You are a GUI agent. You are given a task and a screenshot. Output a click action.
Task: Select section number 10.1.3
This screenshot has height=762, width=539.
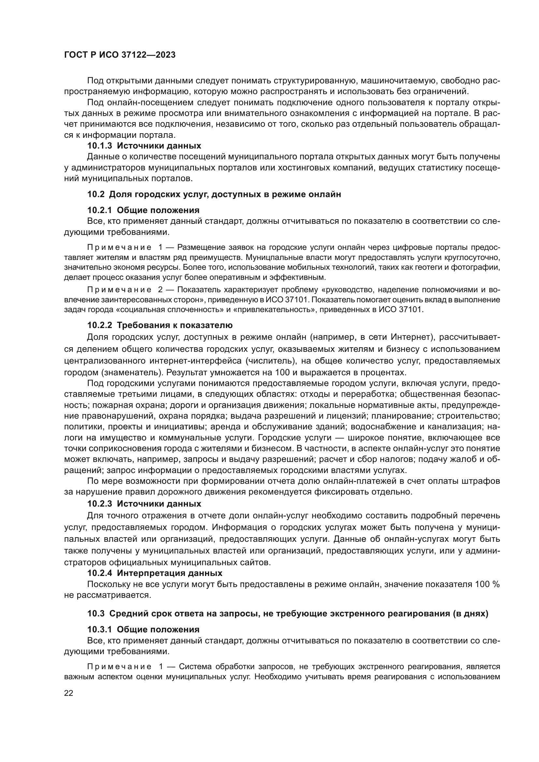(100, 146)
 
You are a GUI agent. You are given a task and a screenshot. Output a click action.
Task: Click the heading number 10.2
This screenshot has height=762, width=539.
(96, 194)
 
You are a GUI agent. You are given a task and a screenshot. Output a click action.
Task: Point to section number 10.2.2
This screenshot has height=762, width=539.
(100, 325)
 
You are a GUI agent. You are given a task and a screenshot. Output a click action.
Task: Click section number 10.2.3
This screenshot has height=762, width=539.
(100, 504)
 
